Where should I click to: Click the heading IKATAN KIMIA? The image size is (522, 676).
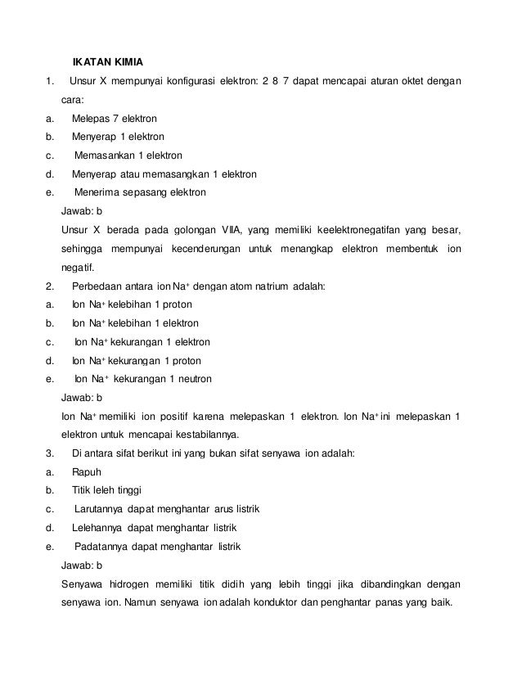point(108,61)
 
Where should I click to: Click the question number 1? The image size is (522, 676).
point(50,80)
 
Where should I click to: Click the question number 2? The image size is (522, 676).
point(50,286)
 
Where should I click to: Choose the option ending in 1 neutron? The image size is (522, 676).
point(143,379)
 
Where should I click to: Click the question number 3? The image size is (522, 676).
point(50,453)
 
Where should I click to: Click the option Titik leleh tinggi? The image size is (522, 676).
point(107,491)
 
